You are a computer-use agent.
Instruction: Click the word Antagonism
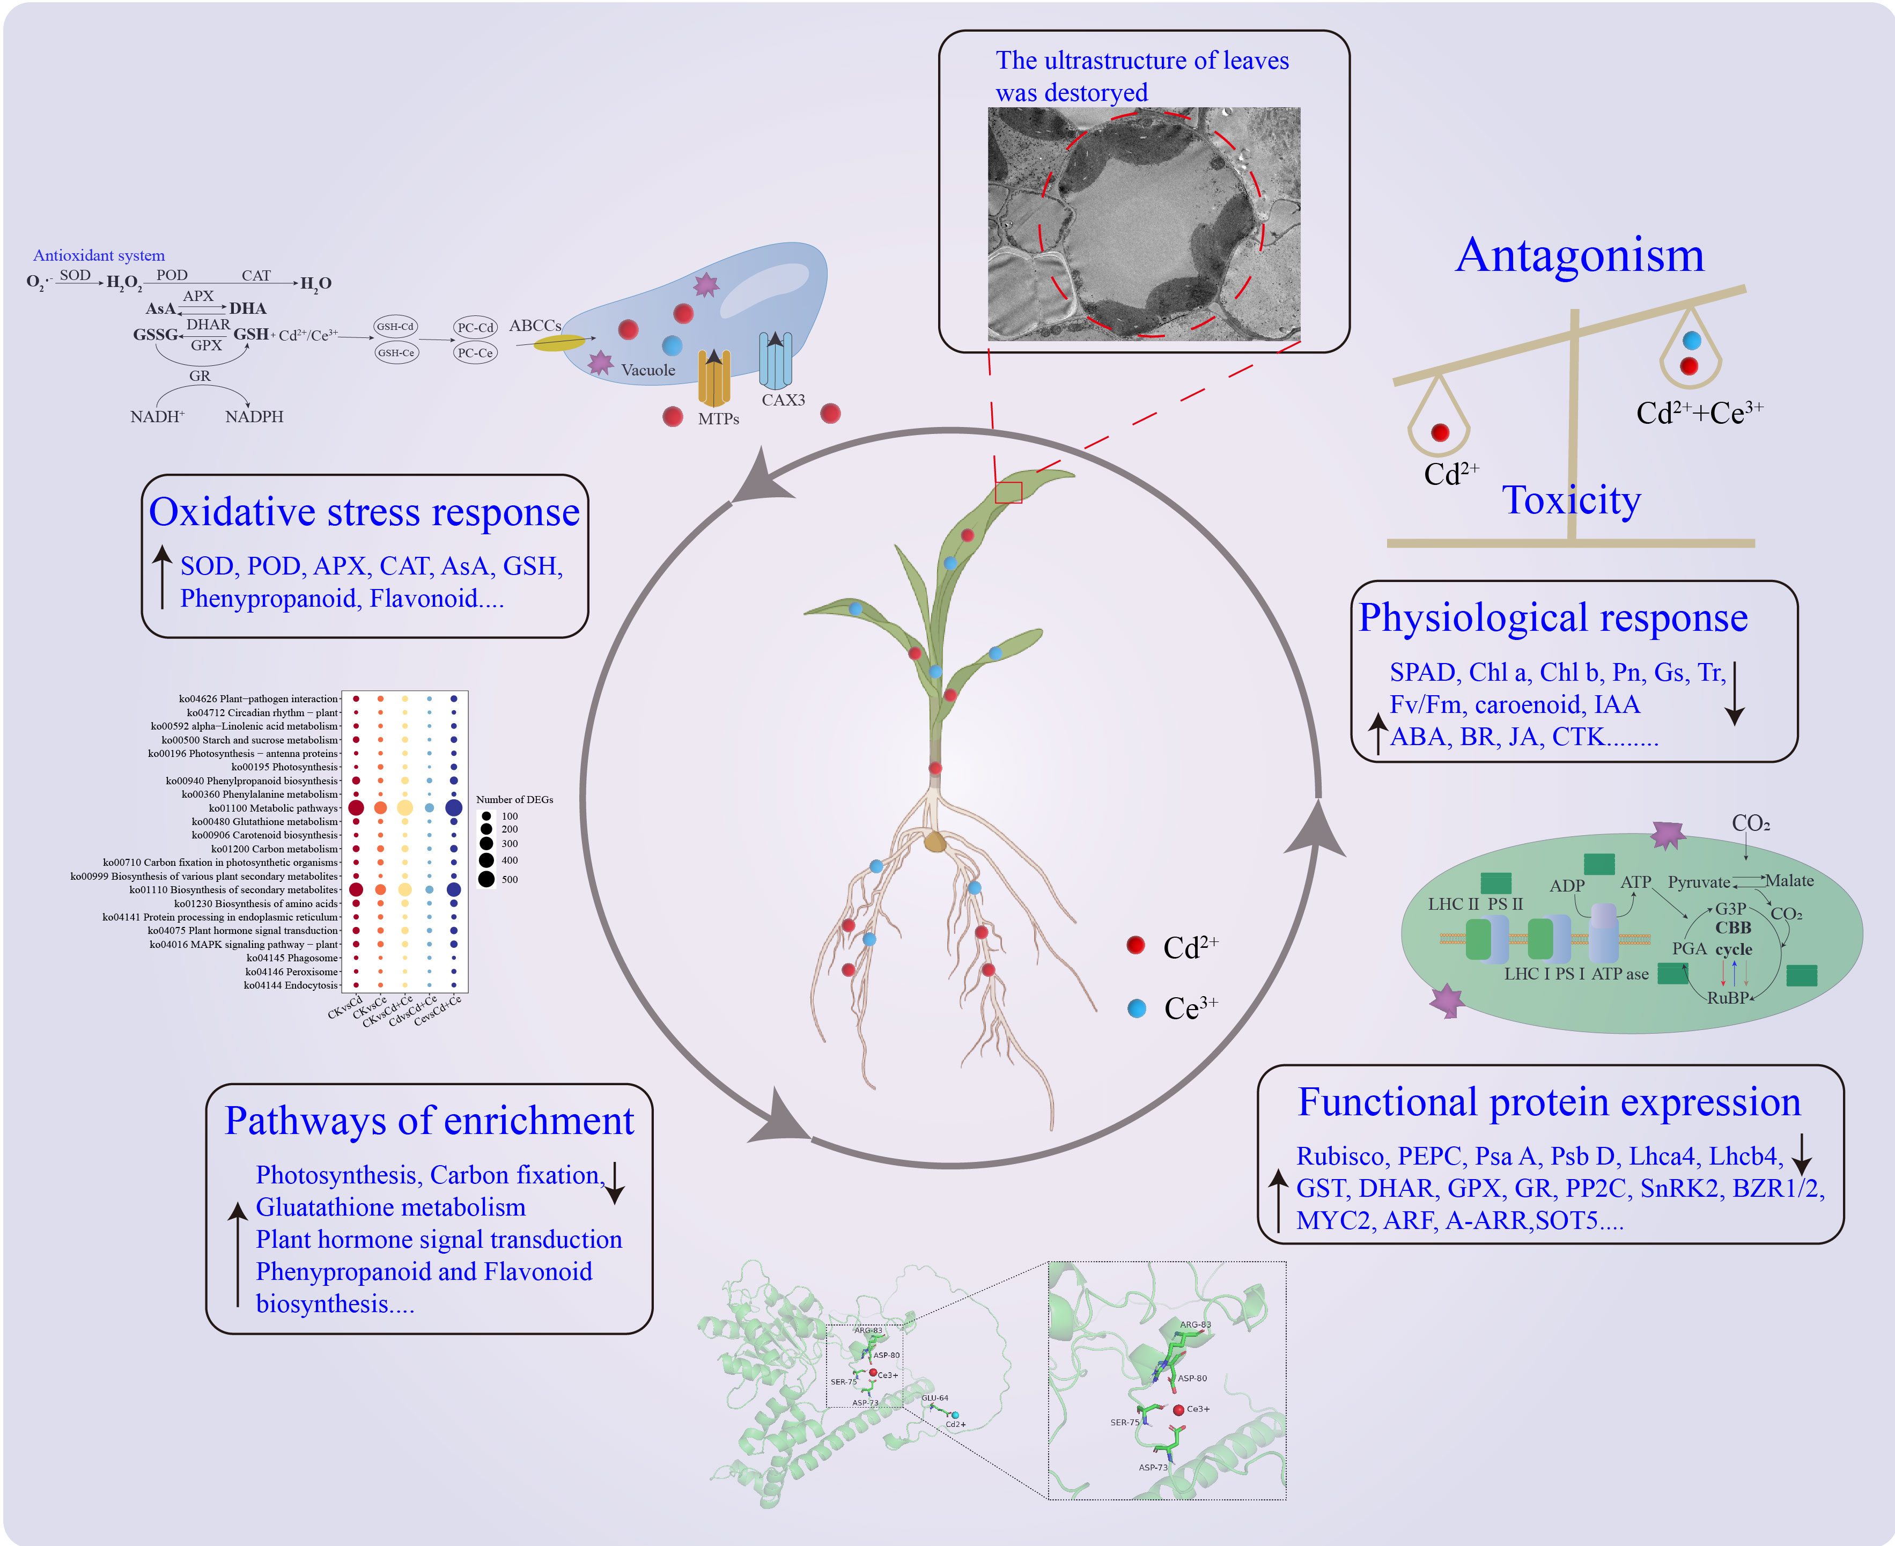pos(1579,255)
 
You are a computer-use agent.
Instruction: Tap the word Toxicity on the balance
pos(1571,500)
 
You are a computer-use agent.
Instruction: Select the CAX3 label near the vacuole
pos(783,400)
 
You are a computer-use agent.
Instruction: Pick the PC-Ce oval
pos(475,352)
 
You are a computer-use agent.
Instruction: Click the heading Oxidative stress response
pos(364,512)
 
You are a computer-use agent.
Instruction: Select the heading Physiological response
pos(1553,618)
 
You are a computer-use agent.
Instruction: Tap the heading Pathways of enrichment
pos(429,1120)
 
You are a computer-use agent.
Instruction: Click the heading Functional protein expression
pos(1549,1102)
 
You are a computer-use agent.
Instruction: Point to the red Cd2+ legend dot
pos(1135,945)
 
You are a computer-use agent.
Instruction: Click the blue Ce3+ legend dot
pos(1136,1008)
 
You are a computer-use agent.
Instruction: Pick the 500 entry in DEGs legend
pos(508,879)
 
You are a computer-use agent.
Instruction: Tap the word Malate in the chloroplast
pos(1789,881)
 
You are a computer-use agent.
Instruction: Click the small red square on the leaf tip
pos(1008,492)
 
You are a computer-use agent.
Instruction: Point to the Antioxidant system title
pos(99,255)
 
